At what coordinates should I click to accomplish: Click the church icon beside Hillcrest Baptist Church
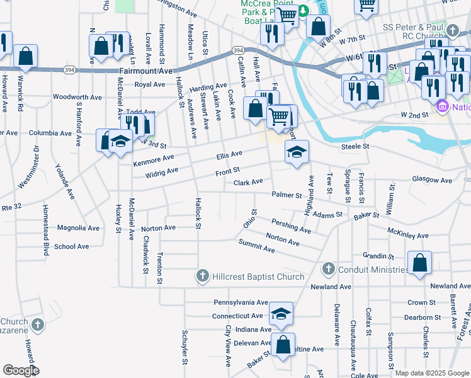202,276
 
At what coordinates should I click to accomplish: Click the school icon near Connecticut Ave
281,313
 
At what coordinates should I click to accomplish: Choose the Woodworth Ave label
77,98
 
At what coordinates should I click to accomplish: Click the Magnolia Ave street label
78,228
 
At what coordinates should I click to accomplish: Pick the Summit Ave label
257,246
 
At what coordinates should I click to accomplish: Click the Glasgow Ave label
432,180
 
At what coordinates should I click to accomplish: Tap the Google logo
21,370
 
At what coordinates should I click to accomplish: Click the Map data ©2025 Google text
432,373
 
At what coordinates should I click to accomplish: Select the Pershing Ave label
291,226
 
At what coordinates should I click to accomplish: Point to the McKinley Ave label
408,234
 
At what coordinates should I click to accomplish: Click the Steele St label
354,147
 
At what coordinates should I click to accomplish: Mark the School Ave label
71,247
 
